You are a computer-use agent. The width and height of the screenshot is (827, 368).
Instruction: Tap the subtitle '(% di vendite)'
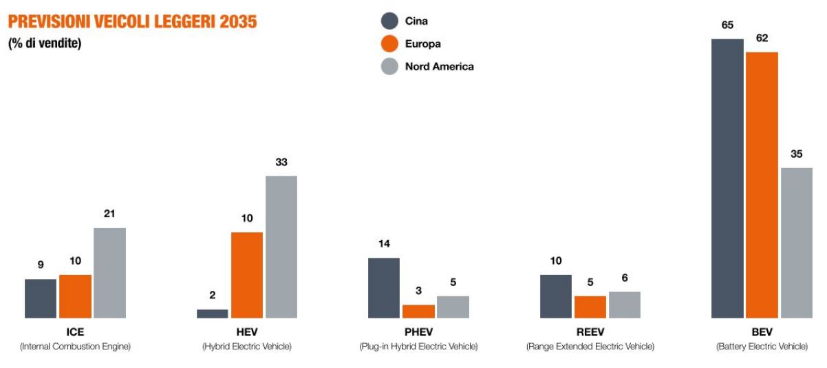(x=45, y=44)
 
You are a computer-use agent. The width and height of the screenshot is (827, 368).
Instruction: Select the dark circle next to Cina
(x=389, y=21)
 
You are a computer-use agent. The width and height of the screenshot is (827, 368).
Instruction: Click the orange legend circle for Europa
(x=389, y=44)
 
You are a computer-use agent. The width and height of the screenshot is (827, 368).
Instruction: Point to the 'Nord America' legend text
(x=439, y=67)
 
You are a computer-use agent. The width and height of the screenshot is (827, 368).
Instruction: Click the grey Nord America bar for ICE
(x=109, y=273)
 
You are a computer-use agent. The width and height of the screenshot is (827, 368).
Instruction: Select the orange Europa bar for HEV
(x=247, y=275)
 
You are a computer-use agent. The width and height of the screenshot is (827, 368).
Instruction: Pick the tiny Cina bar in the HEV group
(x=212, y=314)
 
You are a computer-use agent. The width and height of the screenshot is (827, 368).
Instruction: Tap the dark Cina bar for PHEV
(x=384, y=288)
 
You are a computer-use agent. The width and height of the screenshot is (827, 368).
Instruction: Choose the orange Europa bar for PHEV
(x=418, y=311)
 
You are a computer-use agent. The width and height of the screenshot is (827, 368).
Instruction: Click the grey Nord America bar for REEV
(x=625, y=305)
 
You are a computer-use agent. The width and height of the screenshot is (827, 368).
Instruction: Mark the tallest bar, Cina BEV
(x=727, y=178)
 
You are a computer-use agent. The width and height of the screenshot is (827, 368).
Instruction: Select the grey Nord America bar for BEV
(x=796, y=243)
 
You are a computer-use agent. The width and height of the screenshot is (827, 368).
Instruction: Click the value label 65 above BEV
(x=727, y=25)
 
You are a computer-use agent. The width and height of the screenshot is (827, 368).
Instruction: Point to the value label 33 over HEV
(x=281, y=163)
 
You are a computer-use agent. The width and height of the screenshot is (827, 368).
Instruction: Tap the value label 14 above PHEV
(x=384, y=244)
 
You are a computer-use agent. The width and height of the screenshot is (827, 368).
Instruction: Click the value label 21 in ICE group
(x=109, y=214)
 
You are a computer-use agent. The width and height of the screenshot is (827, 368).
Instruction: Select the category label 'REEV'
(x=590, y=332)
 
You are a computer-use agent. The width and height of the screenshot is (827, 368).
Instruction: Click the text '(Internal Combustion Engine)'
(x=75, y=346)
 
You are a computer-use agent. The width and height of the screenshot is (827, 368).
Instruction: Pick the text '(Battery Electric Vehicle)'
(x=762, y=346)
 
